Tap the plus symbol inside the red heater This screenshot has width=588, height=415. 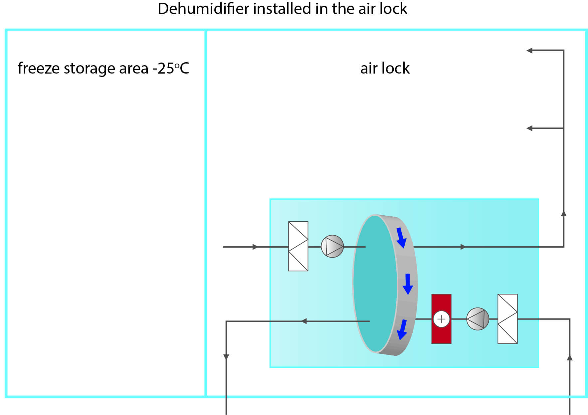[441, 319]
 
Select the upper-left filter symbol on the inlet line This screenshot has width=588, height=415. [298, 246]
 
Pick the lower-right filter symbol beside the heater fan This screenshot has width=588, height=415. [507, 319]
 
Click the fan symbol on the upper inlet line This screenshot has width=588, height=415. [332, 246]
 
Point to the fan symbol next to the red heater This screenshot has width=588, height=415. [478, 319]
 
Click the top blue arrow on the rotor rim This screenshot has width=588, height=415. [401, 238]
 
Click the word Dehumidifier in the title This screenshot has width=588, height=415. [203, 9]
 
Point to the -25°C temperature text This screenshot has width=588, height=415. [171, 68]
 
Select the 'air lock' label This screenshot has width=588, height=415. [385, 68]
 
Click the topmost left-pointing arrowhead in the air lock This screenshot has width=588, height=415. [529, 51]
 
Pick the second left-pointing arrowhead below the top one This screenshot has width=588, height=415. [529, 128]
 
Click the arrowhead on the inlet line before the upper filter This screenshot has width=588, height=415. [255, 247]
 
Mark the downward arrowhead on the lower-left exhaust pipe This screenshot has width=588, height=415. [226, 357]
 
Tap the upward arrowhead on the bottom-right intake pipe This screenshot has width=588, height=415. [570, 357]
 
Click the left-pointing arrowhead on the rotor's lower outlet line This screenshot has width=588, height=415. [303, 321]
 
